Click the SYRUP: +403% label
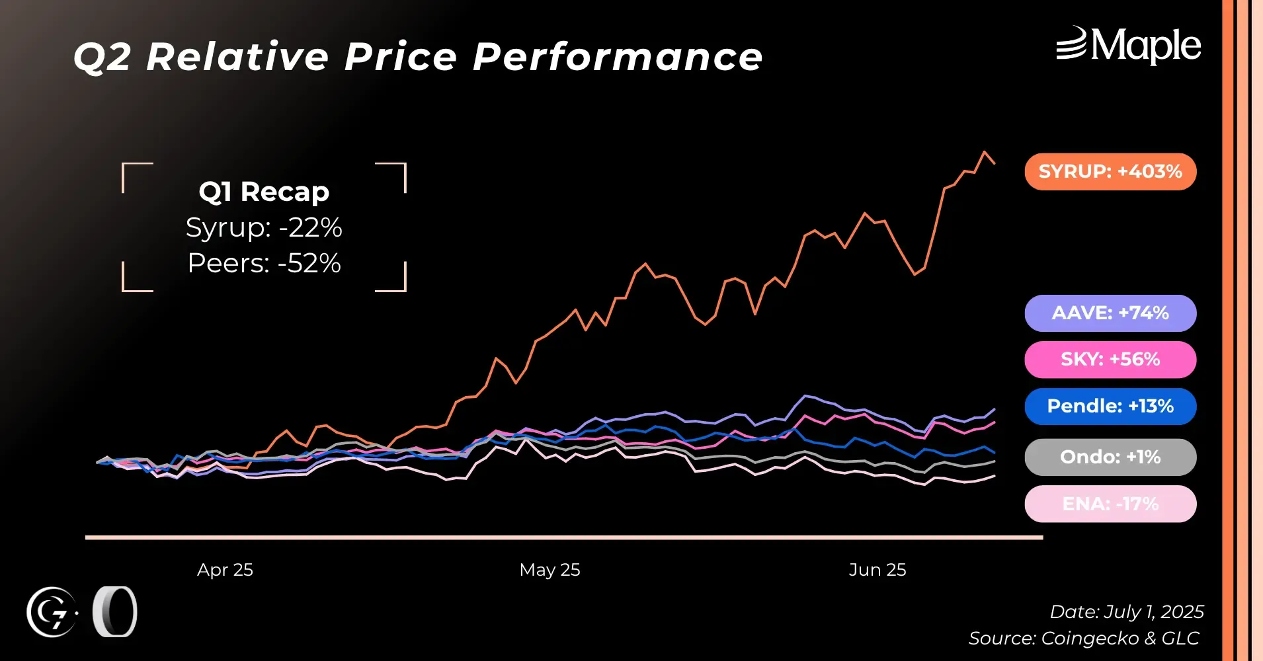click(x=1110, y=172)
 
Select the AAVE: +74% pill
click(x=1110, y=313)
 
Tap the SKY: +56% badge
click(x=1110, y=360)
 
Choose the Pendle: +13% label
click(x=1110, y=407)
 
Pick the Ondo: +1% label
click(x=1110, y=457)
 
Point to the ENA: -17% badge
click(x=1110, y=504)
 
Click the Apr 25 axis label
click(x=225, y=570)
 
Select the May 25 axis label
click(x=550, y=570)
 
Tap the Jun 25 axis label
click(x=877, y=570)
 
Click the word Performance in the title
click(x=618, y=57)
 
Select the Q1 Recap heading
click(x=264, y=192)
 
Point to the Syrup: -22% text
click(x=264, y=227)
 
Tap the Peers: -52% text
click(x=264, y=263)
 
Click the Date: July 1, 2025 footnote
click(x=1127, y=612)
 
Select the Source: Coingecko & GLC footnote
click(x=1084, y=639)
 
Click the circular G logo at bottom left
click(x=52, y=612)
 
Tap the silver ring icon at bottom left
click(x=115, y=612)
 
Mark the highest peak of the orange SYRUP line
click(x=985, y=152)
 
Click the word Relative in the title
click(x=237, y=57)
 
